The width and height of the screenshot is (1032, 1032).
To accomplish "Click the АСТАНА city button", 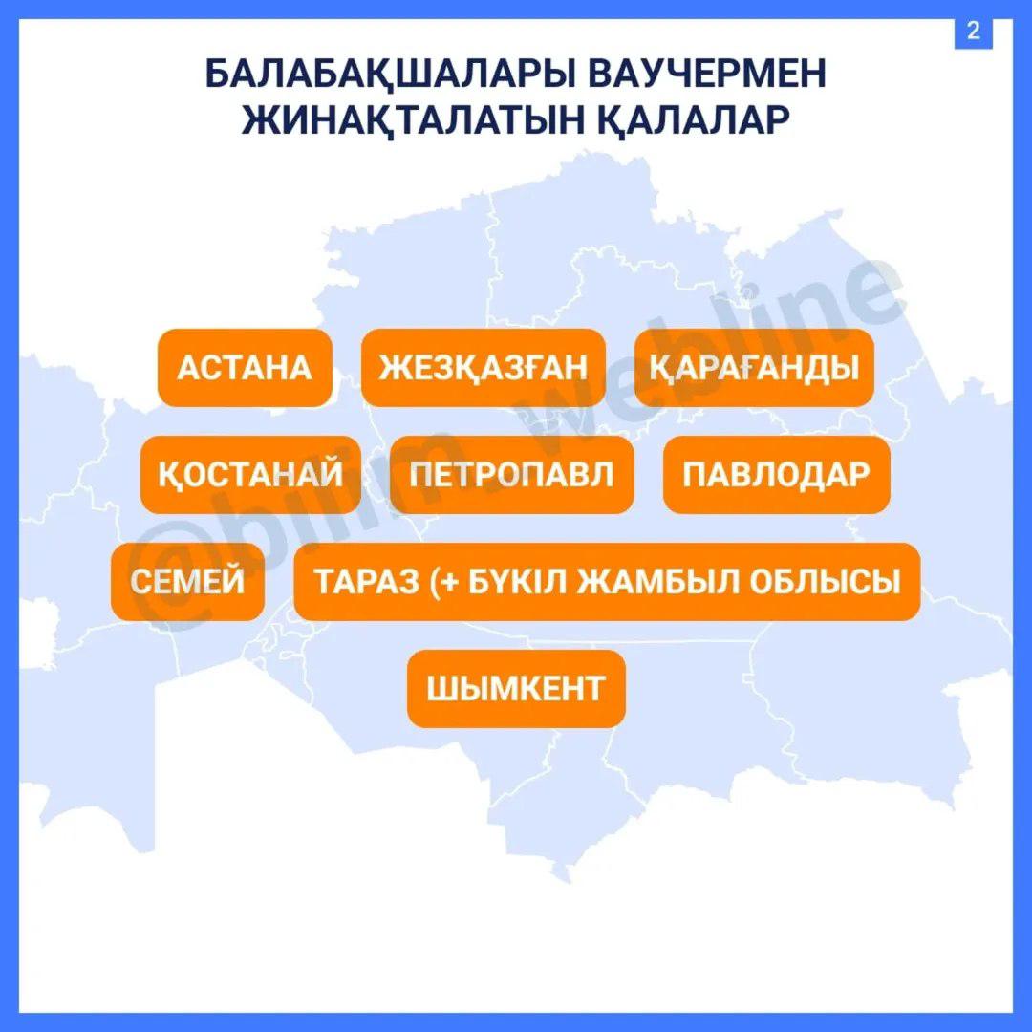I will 245,368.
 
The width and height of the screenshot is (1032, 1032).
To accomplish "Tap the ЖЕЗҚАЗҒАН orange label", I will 483,368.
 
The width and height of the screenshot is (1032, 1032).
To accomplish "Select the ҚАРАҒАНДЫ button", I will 754,368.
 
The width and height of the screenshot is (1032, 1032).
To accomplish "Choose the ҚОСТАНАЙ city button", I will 250,475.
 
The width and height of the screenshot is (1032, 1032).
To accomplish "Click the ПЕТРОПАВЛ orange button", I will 511,475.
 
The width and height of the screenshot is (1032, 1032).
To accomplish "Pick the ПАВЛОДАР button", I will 776,475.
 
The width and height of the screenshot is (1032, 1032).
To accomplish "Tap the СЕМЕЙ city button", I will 187,582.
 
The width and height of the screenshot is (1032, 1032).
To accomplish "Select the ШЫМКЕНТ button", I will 516,688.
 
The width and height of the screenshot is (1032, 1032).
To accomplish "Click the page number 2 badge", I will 974,31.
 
